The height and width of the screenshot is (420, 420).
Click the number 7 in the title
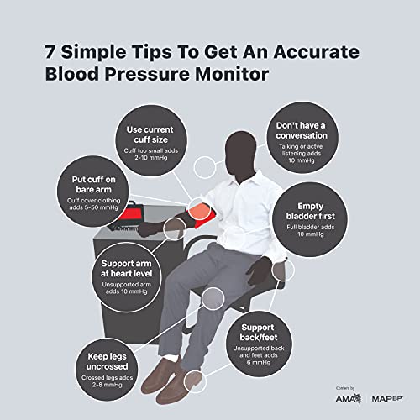click(x=51, y=52)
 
